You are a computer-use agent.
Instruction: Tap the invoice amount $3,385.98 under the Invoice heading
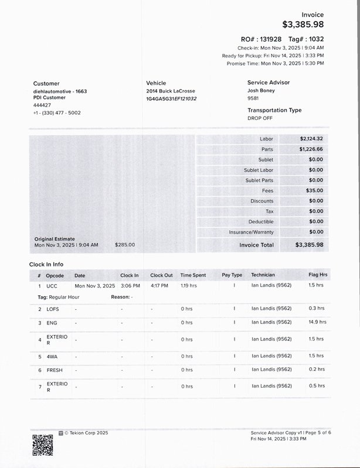(303, 25)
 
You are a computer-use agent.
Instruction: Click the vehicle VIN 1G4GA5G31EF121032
(171, 99)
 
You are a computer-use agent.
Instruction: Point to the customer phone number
(57, 112)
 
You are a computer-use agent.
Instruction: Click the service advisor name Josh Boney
(261, 91)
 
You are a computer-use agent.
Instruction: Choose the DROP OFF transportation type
(260, 118)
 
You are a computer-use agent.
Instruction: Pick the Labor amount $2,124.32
(311, 139)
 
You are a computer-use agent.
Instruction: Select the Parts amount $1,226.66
(311, 149)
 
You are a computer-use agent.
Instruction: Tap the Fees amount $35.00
(314, 190)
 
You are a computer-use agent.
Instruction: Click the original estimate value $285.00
(125, 245)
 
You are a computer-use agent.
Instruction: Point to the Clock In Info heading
(46, 265)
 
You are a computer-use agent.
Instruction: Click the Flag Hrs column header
(318, 275)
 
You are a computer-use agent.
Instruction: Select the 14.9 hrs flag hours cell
(317, 322)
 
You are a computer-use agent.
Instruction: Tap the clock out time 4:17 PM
(159, 286)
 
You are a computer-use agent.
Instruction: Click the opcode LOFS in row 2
(53, 309)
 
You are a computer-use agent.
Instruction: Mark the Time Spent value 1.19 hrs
(189, 286)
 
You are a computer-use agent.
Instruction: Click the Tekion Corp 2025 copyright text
(86, 433)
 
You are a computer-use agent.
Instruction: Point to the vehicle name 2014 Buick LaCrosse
(171, 91)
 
